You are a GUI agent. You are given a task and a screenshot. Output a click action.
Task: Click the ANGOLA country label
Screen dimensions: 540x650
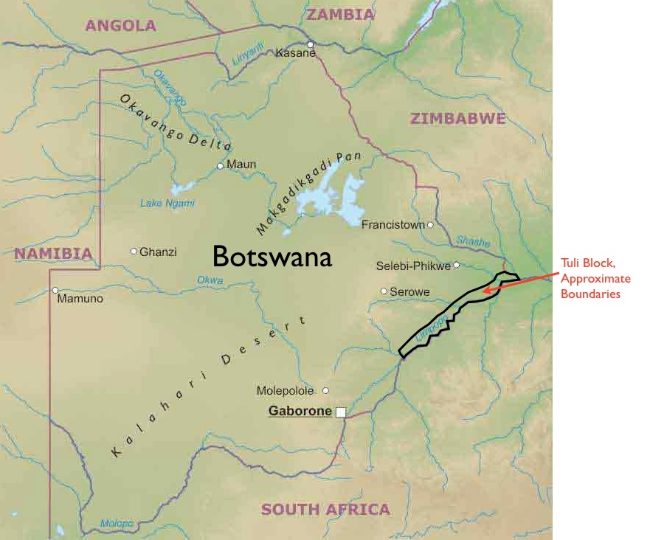[120, 26]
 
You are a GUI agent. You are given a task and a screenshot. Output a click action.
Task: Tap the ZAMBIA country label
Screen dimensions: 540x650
[340, 14]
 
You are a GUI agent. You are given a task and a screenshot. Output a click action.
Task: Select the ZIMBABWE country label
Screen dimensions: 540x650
[457, 118]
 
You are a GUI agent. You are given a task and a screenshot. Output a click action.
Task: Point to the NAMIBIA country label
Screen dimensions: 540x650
[53, 254]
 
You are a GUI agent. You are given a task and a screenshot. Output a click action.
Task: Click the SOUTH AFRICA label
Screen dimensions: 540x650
[325, 509]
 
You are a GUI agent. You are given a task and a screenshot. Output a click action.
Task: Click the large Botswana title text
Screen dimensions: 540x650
[272, 256]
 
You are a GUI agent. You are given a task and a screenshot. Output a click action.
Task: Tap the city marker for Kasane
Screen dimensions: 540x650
[311, 44]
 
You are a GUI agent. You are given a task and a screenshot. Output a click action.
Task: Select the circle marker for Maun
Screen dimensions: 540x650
[220, 166]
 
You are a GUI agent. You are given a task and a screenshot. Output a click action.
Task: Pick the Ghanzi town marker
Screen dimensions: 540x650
[134, 251]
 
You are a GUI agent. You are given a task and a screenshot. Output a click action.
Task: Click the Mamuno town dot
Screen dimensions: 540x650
[55, 290]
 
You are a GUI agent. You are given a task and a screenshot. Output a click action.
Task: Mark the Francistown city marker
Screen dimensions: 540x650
[430, 224]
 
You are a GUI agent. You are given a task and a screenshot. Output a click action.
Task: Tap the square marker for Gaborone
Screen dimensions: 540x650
[340, 412]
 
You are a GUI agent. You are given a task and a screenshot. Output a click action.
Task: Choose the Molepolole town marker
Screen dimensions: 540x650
[326, 390]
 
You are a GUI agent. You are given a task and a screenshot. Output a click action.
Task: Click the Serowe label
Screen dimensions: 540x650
[409, 291]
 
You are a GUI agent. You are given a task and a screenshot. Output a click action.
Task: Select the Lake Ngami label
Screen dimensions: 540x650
[167, 204]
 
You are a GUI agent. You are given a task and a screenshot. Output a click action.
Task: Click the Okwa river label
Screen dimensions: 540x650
[210, 280]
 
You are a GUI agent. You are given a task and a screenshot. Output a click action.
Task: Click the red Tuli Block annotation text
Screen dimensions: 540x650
[595, 280]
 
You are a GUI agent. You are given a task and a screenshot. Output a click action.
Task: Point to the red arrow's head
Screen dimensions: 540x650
[485, 292]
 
